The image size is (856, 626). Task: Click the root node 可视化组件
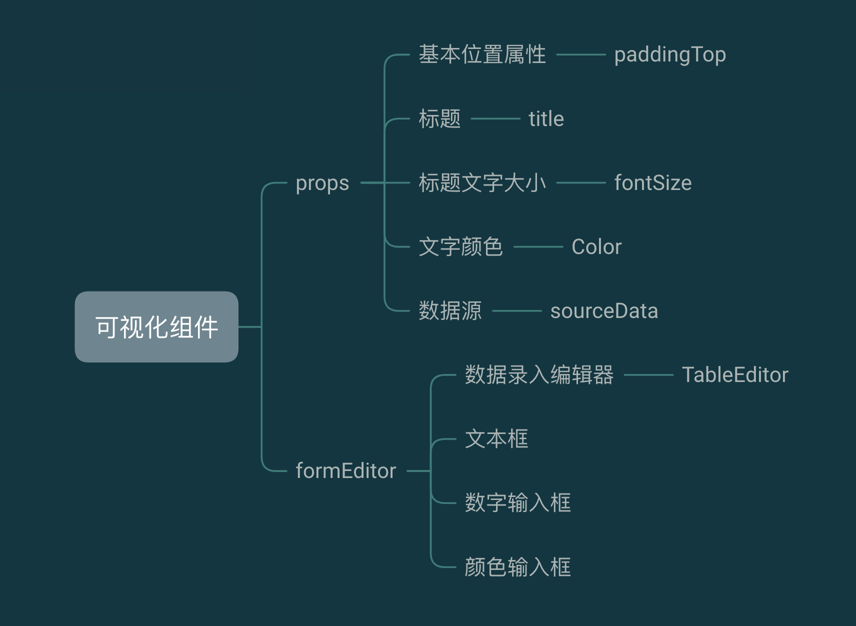click(156, 327)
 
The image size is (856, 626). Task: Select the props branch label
click(322, 183)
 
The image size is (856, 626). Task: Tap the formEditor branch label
click(346, 471)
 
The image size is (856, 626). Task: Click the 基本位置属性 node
click(482, 54)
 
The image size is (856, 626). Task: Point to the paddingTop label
click(670, 54)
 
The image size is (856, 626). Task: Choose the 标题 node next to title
click(439, 119)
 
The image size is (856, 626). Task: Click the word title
click(546, 119)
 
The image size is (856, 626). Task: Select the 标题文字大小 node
click(482, 183)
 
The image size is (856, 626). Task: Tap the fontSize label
click(653, 183)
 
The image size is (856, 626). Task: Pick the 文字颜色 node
click(460, 247)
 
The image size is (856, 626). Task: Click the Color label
click(596, 247)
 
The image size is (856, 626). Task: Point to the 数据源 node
click(450, 311)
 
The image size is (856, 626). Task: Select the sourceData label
click(604, 311)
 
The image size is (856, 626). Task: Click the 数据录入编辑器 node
click(539, 375)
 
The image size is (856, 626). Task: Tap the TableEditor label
click(735, 375)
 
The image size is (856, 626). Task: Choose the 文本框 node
click(496, 439)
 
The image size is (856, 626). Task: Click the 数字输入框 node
click(517, 503)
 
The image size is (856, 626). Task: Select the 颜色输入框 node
click(517, 567)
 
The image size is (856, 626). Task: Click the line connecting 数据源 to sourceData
click(516, 311)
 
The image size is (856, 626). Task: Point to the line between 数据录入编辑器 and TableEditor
click(648, 375)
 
